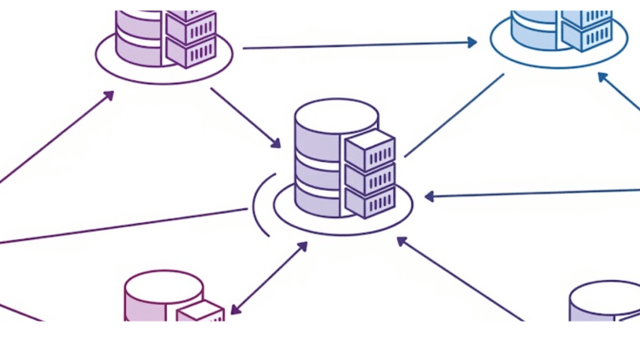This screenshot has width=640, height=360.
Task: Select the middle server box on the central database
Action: coord(369,179)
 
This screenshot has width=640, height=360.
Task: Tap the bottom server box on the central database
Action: coord(369,202)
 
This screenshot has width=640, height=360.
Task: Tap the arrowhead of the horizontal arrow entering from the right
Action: coord(431,197)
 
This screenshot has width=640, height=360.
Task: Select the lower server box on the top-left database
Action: coord(191,51)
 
